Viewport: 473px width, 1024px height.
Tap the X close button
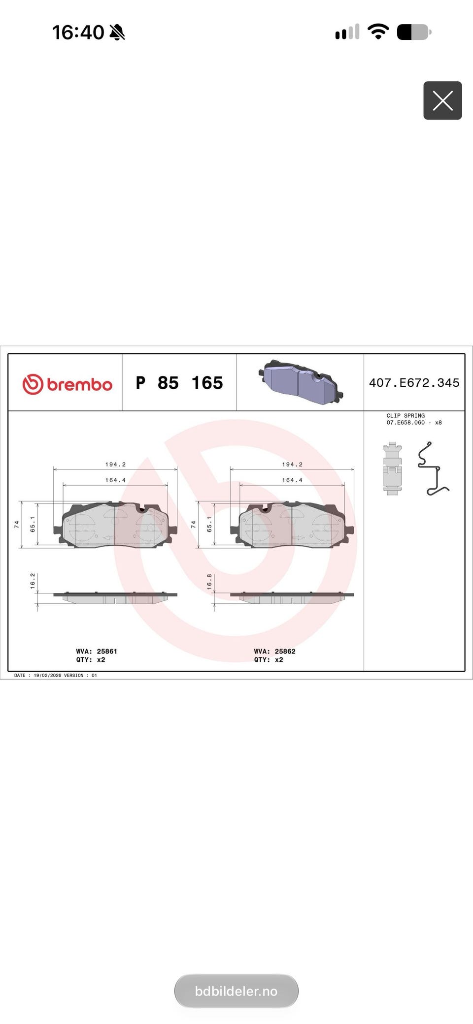[x=442, y=100]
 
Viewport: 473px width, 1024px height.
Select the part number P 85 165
[x=179, y=383]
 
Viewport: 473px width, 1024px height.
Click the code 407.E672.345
[x=414, y=383]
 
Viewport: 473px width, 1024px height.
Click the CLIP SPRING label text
[x=405, y=415]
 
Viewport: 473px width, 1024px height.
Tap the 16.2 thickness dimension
[x=33, y=581]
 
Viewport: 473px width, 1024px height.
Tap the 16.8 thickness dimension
[x=209, y=582]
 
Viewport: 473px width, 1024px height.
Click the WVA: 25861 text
[x=97, y=651]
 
